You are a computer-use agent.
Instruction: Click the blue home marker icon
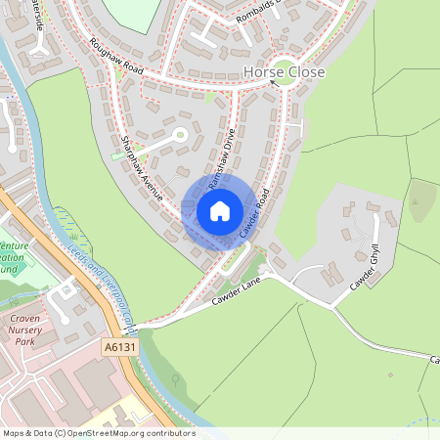220,211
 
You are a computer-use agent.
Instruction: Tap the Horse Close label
284,72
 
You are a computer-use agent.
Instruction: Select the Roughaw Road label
115,57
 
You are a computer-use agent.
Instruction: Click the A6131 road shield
116,346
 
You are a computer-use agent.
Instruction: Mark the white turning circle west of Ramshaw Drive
179,135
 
